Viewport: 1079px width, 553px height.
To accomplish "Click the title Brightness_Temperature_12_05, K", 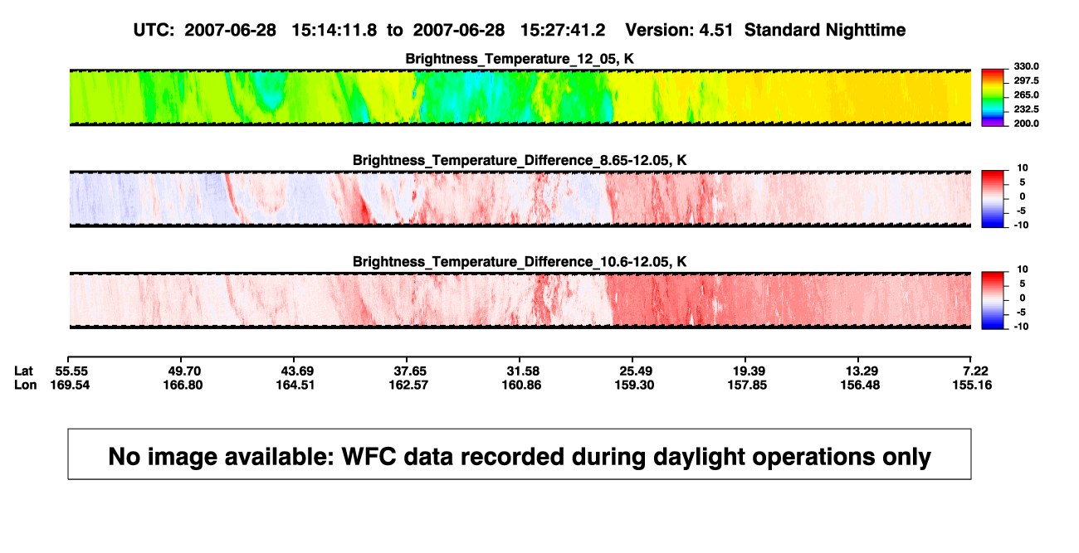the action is pos(520,59).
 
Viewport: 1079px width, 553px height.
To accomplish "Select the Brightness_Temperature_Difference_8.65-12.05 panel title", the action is pos(520,160).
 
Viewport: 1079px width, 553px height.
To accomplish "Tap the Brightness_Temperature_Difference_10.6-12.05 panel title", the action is pos(520,262).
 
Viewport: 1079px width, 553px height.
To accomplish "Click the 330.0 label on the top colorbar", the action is pos(1026,66).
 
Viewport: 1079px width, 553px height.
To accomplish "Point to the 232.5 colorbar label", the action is pos(1026,109).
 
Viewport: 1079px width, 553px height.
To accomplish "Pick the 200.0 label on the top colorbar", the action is pos(1026,124).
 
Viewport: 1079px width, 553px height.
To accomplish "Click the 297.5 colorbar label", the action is pos(1026,81).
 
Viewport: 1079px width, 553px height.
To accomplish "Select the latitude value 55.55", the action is pos(71,371).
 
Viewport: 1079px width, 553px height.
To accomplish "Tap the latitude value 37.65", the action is pos(410,371).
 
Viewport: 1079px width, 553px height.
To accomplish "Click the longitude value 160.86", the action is pos(522,385).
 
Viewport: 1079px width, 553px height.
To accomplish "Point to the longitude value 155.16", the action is pos(972,385).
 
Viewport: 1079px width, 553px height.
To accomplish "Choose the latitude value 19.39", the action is pos(749,371).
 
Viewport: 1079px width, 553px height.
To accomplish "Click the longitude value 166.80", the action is pos(183,385).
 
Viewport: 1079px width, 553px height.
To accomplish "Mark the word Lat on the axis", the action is pos(23,371).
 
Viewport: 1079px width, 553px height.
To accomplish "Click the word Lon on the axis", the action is pos(26,385).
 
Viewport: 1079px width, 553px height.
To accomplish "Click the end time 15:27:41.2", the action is pos(563,31).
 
